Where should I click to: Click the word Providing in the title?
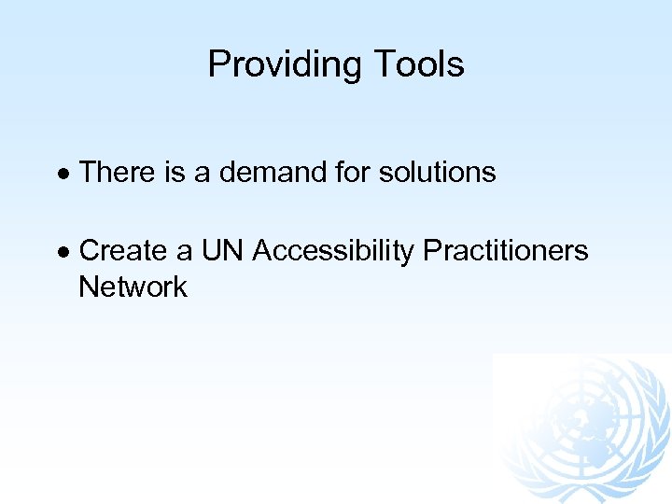286,64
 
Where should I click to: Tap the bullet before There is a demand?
63,174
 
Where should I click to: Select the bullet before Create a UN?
63,252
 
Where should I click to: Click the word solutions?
437,173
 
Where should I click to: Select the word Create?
123,251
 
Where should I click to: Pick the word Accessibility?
333,251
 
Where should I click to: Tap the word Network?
133,287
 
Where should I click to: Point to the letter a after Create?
185,251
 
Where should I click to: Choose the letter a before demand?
203,173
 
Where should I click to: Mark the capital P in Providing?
217,64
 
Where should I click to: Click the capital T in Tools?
383,64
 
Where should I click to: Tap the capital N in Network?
89,287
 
